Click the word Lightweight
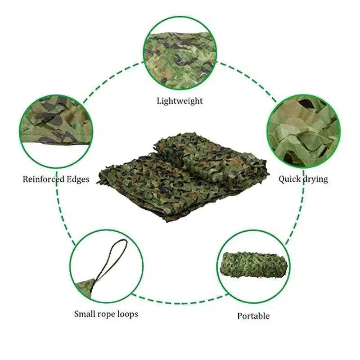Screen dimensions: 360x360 [x=180, y=101]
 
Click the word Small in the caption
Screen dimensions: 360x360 [x=85, y=314]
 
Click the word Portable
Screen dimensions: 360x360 [x=253, y=316]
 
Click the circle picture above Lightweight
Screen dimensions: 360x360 [x=180, y=53]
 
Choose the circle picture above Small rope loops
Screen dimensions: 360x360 [x=107, y=265]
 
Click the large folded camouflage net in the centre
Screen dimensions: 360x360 [x=182, y=175]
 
